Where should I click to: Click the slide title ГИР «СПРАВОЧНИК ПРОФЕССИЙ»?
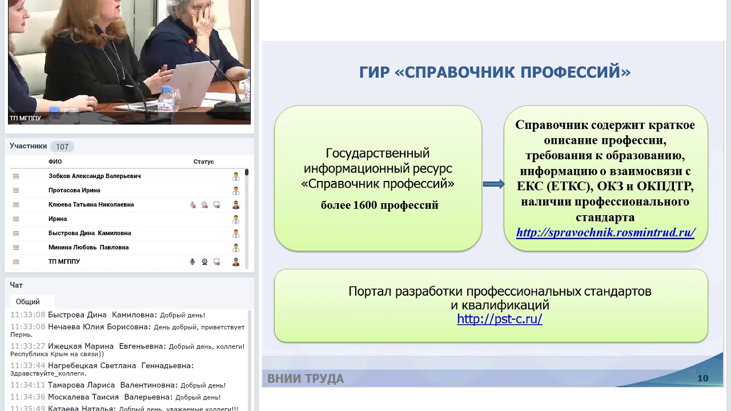pos(495,72)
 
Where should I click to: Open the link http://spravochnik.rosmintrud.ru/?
pos(605,232)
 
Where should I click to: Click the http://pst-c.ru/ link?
pos(499,319)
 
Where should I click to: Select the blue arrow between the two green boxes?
pos(493,184)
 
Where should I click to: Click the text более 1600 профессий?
pos(379,205)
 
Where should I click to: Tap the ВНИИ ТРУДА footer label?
pos(306,378)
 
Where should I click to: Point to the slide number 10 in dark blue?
pos(702,378)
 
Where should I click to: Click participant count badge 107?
pos(62,147)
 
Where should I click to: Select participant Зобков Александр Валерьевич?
pos(94,176)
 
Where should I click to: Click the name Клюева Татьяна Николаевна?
pos(91,205)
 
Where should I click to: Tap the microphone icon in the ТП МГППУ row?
pos(192,262)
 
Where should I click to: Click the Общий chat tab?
pos(28,301)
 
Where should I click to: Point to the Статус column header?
pos(203,162)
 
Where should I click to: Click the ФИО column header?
pos(55,162)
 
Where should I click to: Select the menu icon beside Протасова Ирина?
pos(16,191)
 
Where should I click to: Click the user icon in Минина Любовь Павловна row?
pos(235,248)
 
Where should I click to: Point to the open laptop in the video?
pos(194,80)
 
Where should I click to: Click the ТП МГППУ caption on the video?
pos(25,118)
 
